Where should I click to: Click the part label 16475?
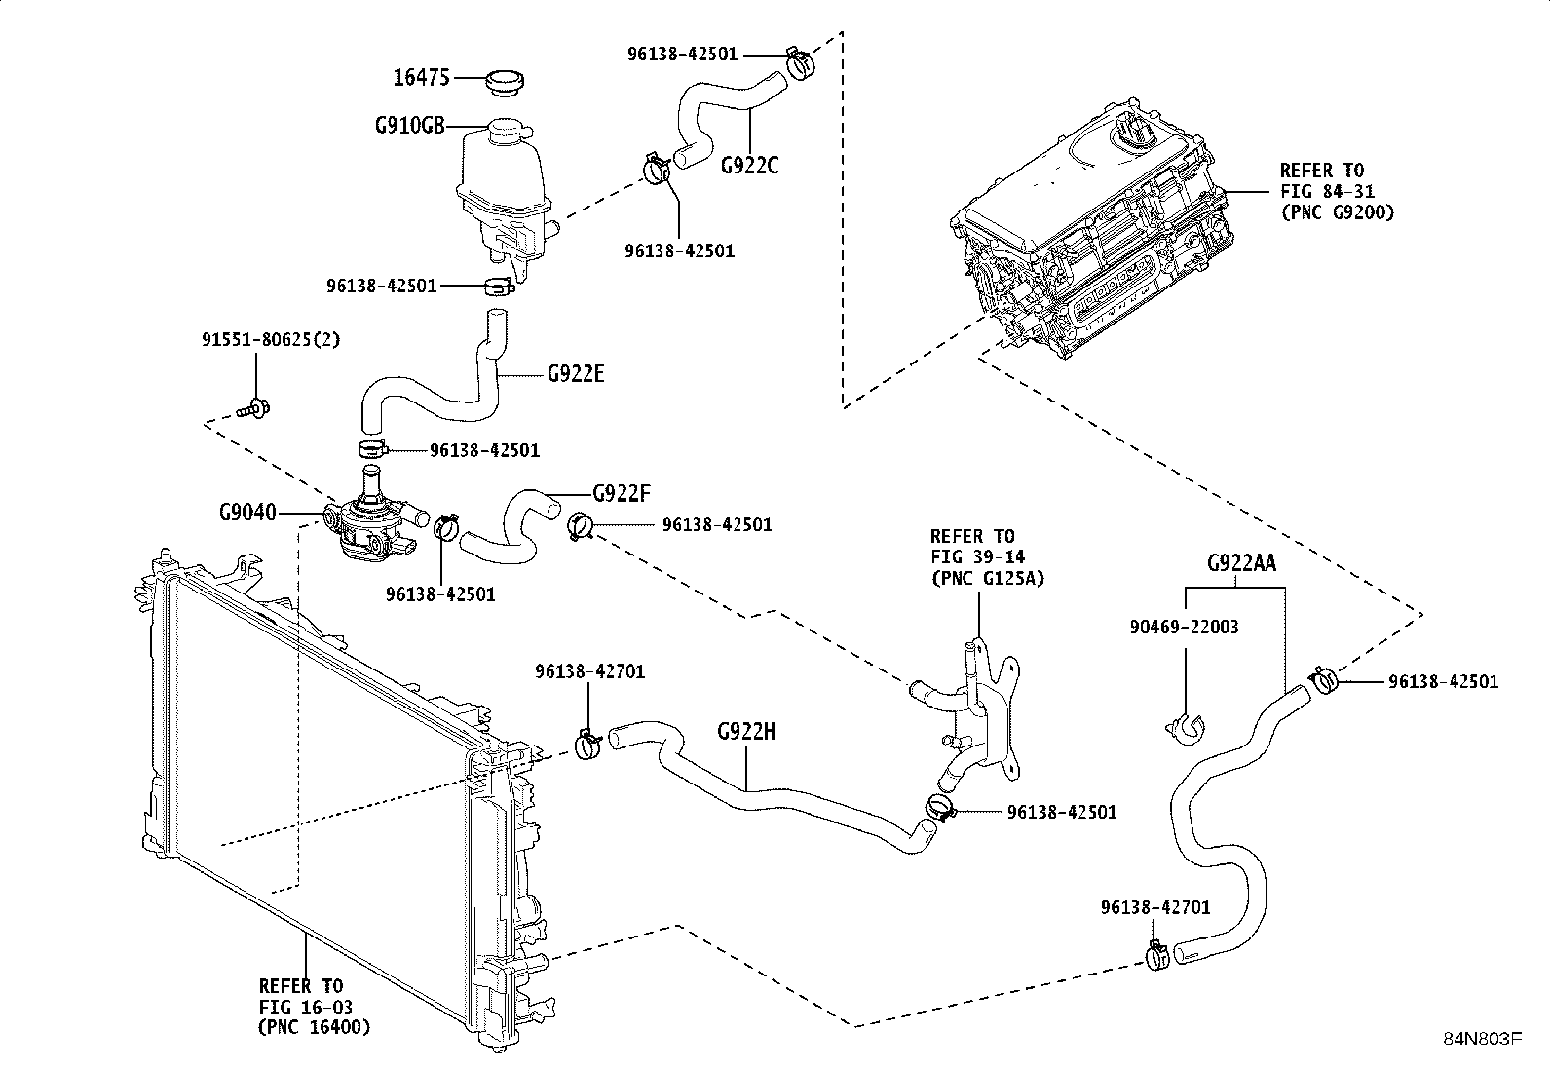pyautogui.click(x=422, y=78)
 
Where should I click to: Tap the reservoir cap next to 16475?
pyautogui.click(x=504, y=84)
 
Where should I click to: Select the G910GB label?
pyautogui.click(x=410, y=126)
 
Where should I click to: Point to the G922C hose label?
pyautogui.click(x=750, y=166)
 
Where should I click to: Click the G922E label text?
pyautogui.click(x=576, y=374)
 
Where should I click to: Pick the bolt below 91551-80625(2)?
pyautogui.click(x=253, y=408)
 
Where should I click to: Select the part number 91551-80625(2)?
pyautogui.click(x=272, y=339)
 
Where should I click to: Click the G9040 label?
pyautogui.click(x=247, y=513)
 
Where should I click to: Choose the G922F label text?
pyautogui.click(x=622, y=493)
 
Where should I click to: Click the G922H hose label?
pyautogui.click(x=746, y=732)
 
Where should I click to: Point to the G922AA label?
pyautogui.click(x=1241, y=563)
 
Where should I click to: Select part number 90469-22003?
pyautogui.click(x=1184, y=627)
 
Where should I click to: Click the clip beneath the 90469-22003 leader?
pyautogui.click(x=1186, y=730)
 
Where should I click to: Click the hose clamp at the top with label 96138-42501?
pyautogui.click(x=800, y=63)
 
